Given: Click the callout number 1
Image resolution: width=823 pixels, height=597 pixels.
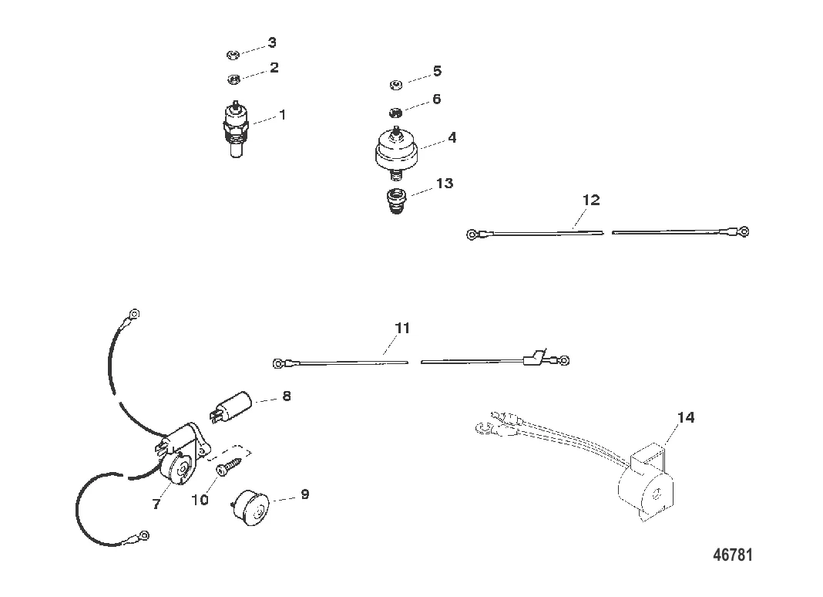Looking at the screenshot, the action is click(282, 115).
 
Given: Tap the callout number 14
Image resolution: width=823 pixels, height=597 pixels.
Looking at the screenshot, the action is click(686, 417).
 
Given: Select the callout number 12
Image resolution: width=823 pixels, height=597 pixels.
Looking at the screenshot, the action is click(591, 201).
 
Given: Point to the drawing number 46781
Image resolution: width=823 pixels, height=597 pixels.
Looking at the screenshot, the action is click(733, 555).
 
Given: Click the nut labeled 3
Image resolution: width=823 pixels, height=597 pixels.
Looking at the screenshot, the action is click(233, 54).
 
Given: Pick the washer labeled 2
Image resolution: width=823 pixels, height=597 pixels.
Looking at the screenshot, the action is click(233, 79).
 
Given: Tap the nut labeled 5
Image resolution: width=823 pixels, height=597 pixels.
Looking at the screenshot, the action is click(396, 84).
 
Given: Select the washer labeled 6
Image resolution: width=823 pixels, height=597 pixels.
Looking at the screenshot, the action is click(396, 113).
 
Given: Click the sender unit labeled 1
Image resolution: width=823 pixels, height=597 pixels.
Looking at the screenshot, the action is click(237, 129).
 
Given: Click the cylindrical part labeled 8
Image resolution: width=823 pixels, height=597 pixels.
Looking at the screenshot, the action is click(231, 406).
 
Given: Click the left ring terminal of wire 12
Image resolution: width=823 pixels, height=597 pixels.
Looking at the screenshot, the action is click(472, 234).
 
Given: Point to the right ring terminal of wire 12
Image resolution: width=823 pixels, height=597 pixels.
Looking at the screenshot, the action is click(743, 231).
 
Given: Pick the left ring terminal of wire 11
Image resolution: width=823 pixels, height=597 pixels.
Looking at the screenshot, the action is click(278, 363).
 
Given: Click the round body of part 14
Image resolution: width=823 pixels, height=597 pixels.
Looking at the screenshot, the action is click(645, 489).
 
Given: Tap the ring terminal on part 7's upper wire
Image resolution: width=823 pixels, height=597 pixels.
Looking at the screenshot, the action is click(134, 314).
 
